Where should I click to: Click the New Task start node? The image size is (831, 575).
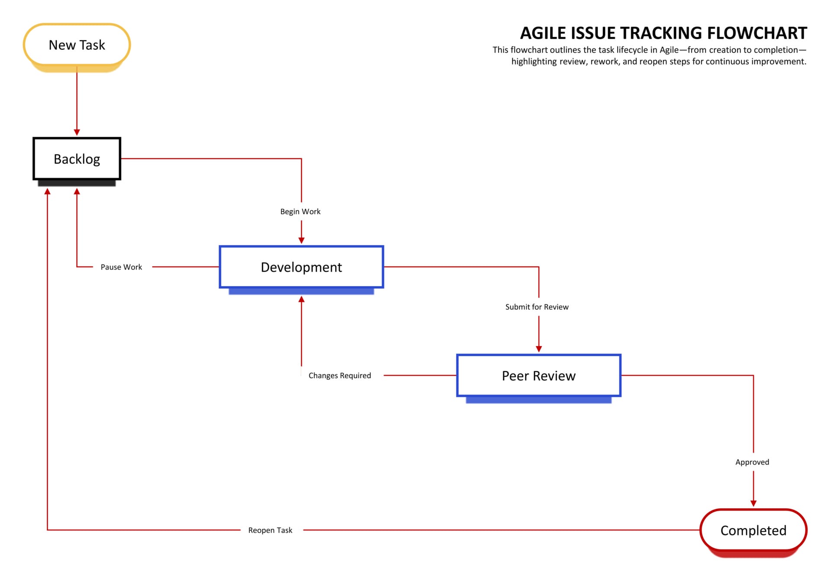pos(77,45)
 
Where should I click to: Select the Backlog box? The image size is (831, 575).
pos(77,159)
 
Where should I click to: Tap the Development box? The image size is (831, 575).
pos(301,267)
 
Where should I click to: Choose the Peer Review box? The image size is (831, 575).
pos(538,376)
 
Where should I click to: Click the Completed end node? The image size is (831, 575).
pos(753,530)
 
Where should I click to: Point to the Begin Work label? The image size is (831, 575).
pos(300,212)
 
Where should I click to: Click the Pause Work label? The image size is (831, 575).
pos(121,267)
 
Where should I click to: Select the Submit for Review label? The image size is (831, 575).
pos(537,307)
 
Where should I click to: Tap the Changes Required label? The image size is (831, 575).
pos(340,376)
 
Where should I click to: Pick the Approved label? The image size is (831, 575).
pos(752,462)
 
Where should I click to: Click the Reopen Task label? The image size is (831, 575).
pos(270,530)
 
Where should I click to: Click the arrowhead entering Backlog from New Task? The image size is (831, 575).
pos(77,132)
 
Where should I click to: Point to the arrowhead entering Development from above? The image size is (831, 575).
pos(301,241)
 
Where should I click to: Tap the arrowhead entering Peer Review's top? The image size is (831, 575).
pos(538,349)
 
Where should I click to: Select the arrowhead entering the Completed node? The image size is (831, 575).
pos(753,503)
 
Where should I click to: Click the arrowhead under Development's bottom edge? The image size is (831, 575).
pos(301,299)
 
